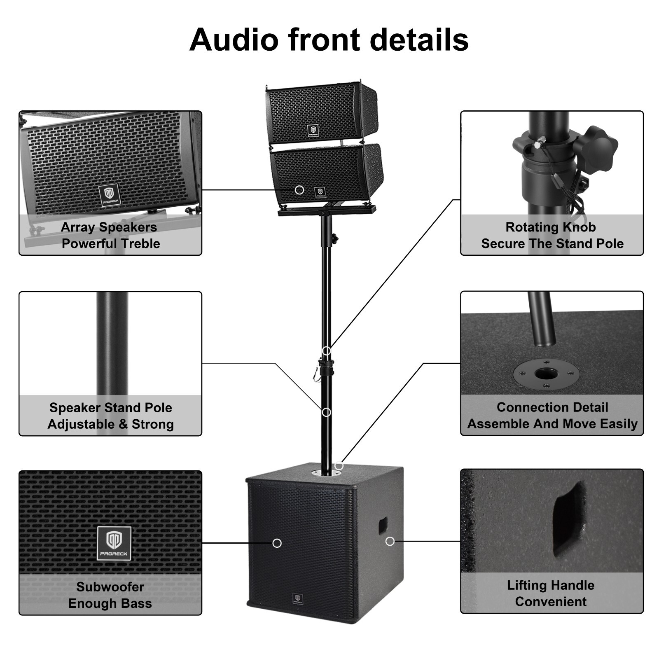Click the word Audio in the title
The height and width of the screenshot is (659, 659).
(234, 40)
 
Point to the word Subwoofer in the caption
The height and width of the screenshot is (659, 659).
(110, 587)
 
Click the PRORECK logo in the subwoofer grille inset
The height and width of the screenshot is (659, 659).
(114, 543)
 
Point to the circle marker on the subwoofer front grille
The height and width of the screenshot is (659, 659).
(277, 543)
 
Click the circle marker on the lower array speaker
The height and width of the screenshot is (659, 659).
(299, 190)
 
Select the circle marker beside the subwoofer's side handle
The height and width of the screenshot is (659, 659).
(390, 541)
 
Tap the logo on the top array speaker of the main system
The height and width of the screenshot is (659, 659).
(313, 131)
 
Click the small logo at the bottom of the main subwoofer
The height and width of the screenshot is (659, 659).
(297, 598)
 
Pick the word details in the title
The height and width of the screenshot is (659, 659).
(419, 40)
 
